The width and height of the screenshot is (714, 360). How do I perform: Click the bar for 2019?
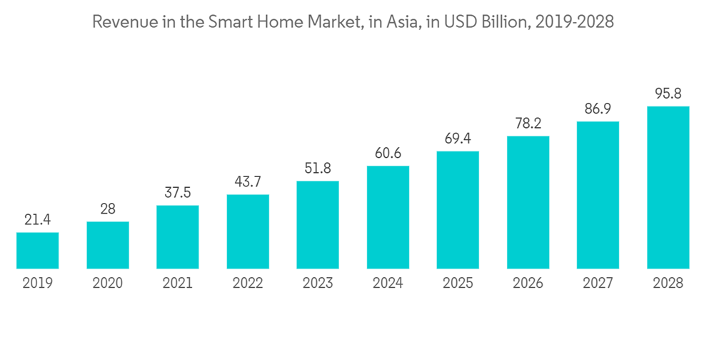(37, 251)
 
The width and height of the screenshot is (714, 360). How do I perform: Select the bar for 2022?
(248, 231)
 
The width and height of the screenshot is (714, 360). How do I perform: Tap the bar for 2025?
(458, 210)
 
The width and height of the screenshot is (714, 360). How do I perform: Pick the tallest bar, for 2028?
(668, 188)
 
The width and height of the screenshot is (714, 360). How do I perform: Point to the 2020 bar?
(108, 245)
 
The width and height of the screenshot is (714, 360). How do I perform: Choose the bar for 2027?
(598, 195)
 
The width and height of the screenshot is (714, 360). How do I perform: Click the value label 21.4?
(37, 220)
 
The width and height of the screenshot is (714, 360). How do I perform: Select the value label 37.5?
(178, 194)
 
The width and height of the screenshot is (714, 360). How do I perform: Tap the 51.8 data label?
(318, 169)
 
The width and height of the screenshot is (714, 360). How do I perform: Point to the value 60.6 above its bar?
(388, 154)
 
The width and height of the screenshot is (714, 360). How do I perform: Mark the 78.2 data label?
(528, 124)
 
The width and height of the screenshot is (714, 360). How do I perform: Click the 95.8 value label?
(668, 94)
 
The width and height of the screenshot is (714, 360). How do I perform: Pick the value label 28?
(108, 209)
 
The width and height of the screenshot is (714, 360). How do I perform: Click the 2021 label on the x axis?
(178, 284)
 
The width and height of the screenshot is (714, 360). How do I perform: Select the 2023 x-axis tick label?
(318, 284)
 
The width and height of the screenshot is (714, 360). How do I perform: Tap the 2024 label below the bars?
(388, 284)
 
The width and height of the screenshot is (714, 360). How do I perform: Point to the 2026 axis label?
(528, 284)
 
